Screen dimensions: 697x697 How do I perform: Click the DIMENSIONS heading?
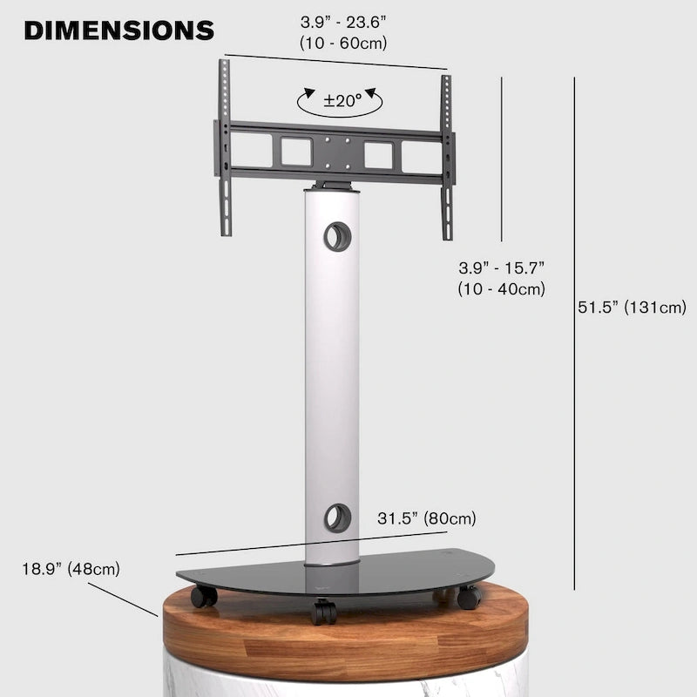[118, 30]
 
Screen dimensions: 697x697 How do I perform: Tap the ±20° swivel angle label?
[342, 100]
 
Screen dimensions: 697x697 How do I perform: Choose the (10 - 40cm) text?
[501, 289]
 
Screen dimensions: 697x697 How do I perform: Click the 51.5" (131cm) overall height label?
[632, 307]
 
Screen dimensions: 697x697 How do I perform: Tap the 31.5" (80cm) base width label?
[427, 518]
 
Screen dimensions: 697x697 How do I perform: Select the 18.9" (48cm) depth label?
[71, 570]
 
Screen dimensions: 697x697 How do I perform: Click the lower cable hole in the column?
[337, 518]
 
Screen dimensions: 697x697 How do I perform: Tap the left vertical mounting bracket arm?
[225, 148]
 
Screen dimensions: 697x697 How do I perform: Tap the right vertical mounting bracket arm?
[447, 157]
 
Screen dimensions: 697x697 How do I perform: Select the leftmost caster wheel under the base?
[205, 597]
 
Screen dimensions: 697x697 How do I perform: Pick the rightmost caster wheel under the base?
[470, 598]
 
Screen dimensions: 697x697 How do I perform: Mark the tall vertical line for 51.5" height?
[574, 331]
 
